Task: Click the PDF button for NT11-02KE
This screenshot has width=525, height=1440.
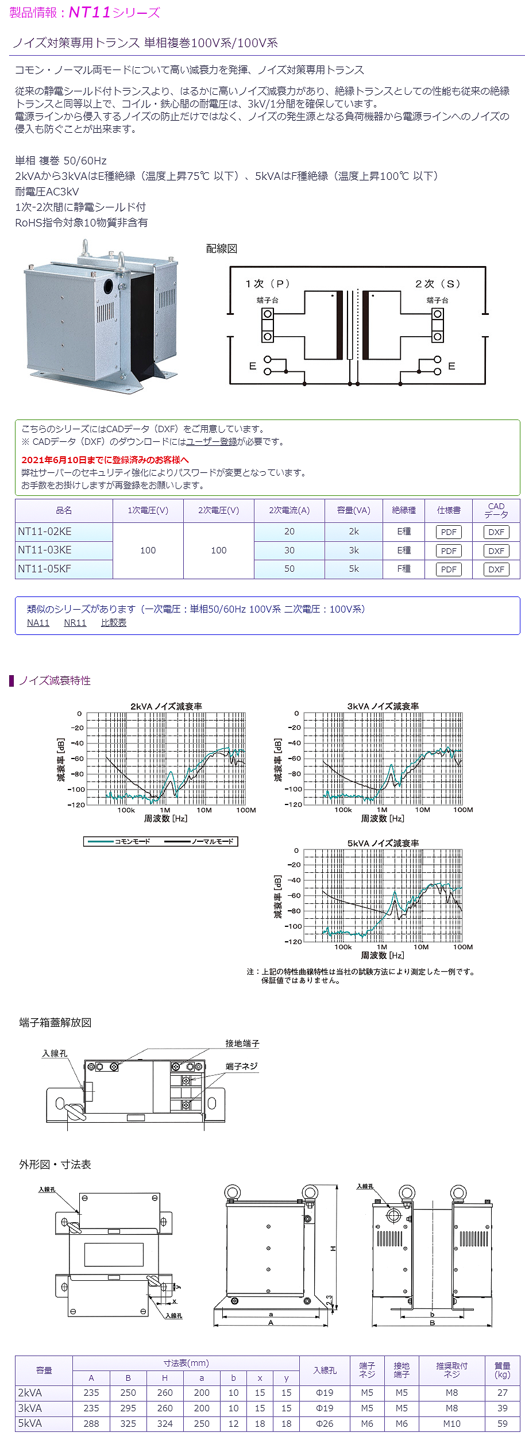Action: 449,532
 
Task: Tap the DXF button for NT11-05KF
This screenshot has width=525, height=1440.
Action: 496,569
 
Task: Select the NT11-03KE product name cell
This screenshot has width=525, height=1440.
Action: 45,550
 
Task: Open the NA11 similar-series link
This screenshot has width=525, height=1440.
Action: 38,623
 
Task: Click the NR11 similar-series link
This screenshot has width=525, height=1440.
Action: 75,623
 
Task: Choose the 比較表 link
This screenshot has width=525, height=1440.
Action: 114,623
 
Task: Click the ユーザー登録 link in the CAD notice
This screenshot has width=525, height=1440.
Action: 211,442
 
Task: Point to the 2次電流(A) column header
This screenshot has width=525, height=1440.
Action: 289,510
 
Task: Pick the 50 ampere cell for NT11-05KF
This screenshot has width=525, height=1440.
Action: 289,569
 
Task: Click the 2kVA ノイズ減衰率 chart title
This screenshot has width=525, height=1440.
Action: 166,706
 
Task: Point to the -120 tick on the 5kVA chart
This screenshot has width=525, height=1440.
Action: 294,942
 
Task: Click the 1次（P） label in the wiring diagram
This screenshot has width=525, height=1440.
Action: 268,284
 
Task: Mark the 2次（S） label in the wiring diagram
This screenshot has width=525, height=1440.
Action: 438,284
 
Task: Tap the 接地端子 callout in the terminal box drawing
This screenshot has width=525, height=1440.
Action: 242,1044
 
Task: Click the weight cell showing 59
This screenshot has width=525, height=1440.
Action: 502,1423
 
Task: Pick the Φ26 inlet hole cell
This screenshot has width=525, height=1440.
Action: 325,1423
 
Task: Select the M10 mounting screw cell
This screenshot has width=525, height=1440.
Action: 451,1423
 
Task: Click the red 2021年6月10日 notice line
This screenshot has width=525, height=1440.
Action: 105,460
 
